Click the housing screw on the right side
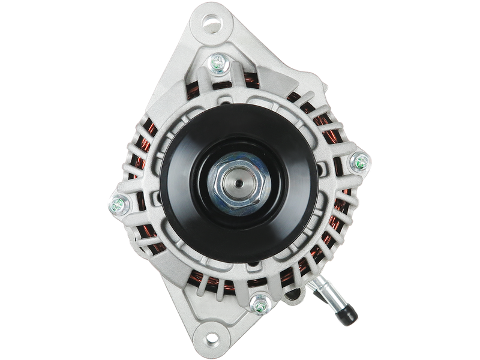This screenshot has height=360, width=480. click(361, 161)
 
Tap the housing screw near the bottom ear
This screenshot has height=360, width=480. click(259, 304)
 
